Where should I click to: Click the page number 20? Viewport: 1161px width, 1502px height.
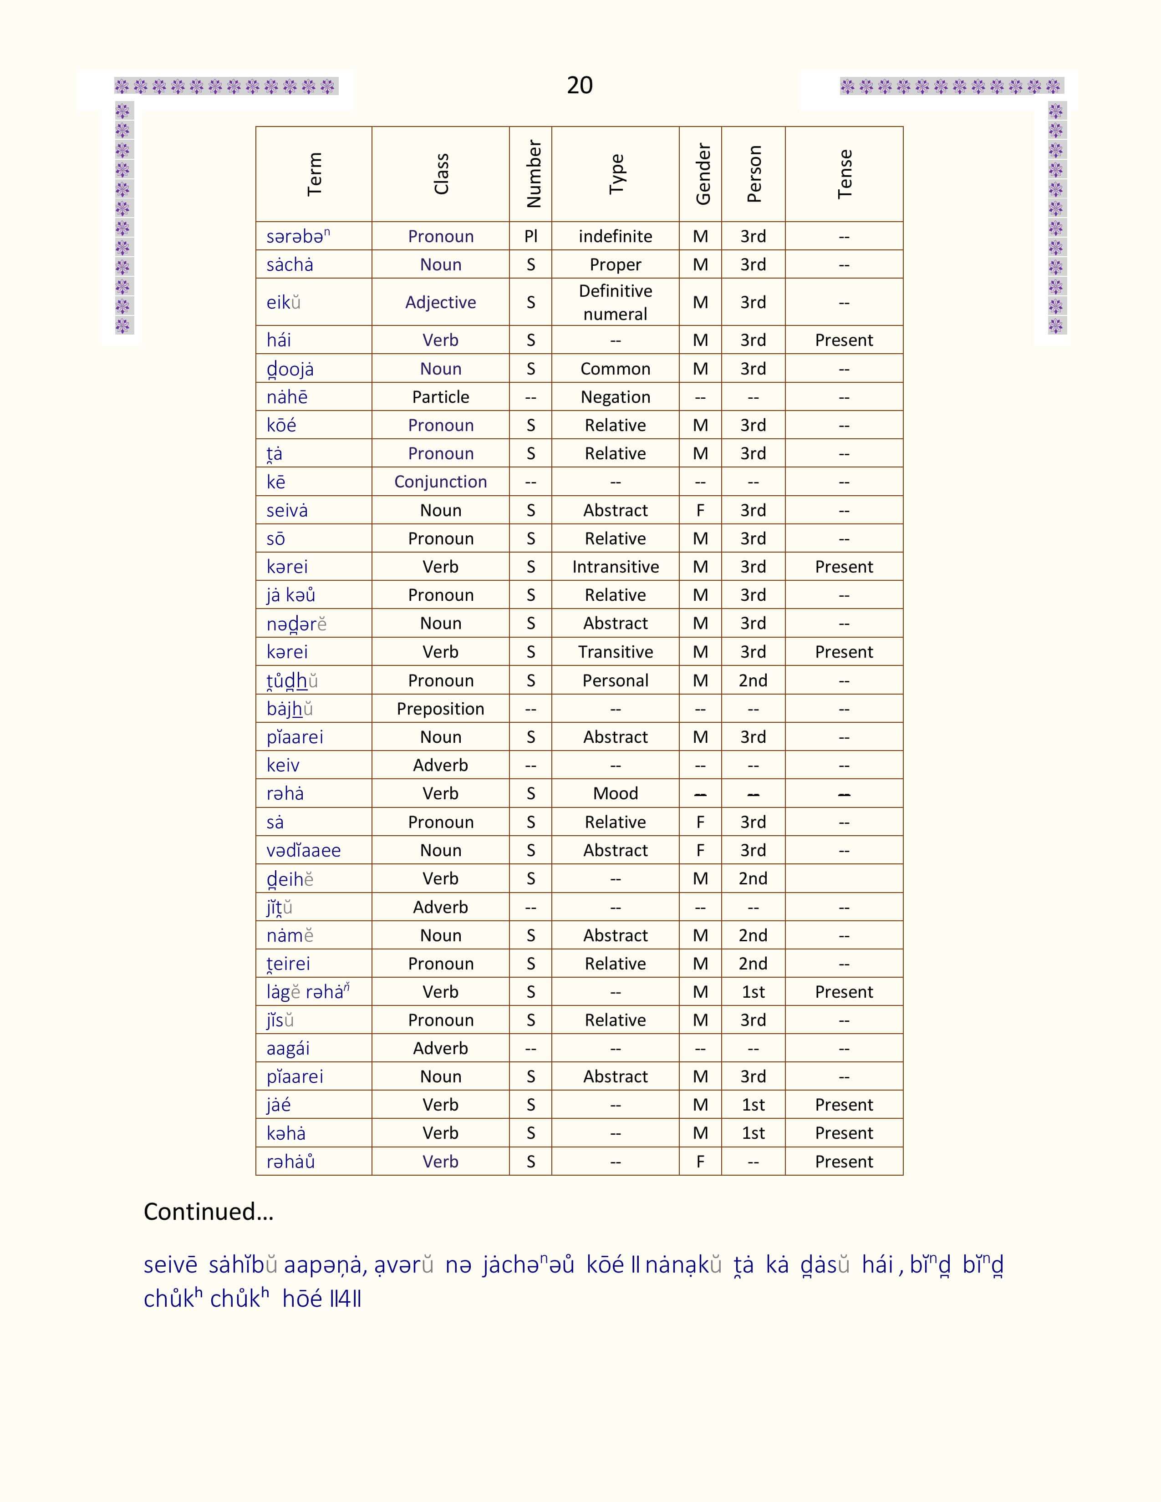pyautogui.click(x=579, y=85)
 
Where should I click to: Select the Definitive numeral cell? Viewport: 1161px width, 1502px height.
pyautogui.click(x=615, y=303)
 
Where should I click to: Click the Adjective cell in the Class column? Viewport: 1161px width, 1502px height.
pyautogui.click(x=440, y=303)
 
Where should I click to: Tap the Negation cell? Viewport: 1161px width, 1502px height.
pyautogui.click(x=615, y=397)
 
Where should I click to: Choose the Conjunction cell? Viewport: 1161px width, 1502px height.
pyautogui.click(x=440, y=482)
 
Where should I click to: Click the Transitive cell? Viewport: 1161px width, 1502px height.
pyautogui.click(x=615, y=652)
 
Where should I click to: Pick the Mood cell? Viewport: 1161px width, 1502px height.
pyautogui.click(x=615, y=794)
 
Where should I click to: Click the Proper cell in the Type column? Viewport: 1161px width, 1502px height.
pyautogui.click(x=615, y=265)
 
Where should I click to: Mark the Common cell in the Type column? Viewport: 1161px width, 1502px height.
pyautogui.click(x=615, y=369)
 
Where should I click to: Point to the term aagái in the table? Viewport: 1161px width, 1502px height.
pyautogui.click(x=288, y=1049)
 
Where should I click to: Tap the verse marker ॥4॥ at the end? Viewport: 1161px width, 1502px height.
pyautogui.click(x=345, y=1299)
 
